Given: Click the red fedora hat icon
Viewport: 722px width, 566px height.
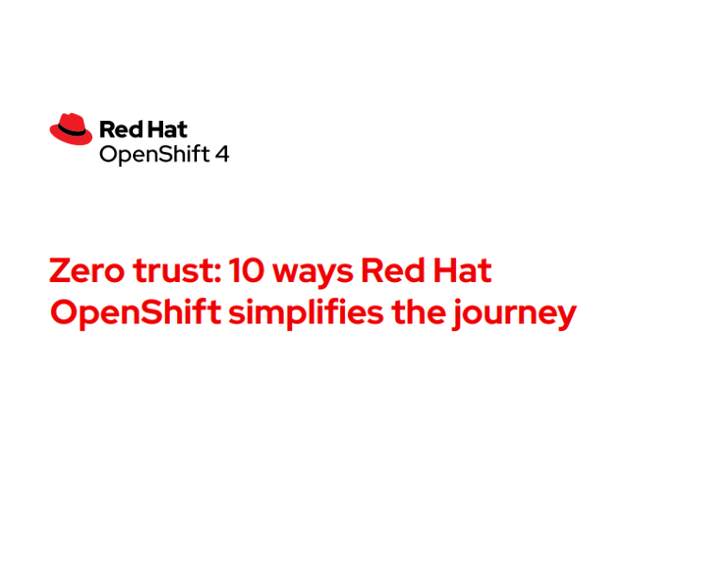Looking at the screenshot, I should [x=71, y=129].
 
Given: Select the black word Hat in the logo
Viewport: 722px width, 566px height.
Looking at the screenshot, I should [x=167, y=129].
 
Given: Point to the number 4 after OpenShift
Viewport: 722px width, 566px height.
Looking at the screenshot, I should [x=222, y=153].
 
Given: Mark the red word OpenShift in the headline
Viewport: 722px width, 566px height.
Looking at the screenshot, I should [x=135, y=312].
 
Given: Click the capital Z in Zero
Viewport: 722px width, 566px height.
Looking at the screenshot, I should [x=60, y=272].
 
